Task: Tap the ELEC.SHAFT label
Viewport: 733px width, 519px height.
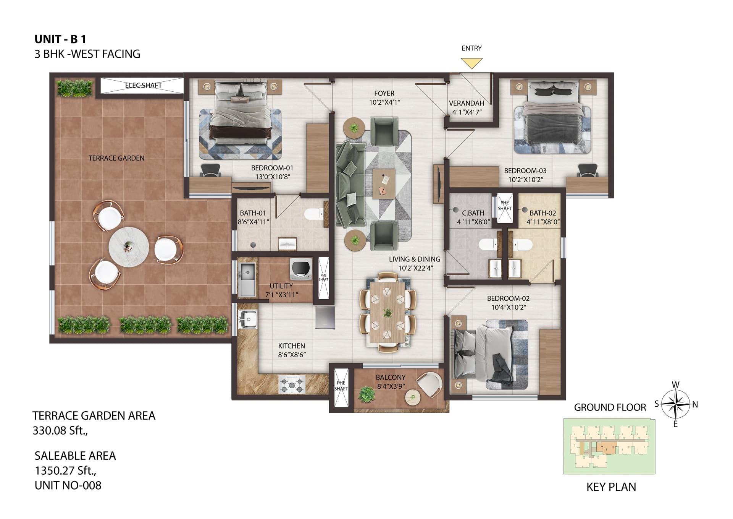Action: [144, 85]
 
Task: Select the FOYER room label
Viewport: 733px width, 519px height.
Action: [384, 93]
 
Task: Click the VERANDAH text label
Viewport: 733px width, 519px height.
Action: [467, 103]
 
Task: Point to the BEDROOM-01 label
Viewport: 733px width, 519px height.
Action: [272, 168]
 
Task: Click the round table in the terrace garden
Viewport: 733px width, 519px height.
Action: [129, 247]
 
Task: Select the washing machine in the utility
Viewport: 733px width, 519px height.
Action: [301, 269]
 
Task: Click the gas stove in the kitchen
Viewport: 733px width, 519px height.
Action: [292, 384]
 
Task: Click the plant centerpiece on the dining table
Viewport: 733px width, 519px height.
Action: [388, 313]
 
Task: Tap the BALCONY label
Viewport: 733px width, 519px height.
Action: [391, 377]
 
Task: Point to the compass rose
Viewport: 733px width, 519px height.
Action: [676, 404]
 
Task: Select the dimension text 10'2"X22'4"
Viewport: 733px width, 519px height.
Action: [415, 268]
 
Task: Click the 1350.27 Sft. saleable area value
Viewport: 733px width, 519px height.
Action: [65, 470]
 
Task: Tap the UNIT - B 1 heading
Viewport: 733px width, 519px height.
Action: [60, 39]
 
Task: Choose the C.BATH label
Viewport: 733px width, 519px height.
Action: [473, 213]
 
